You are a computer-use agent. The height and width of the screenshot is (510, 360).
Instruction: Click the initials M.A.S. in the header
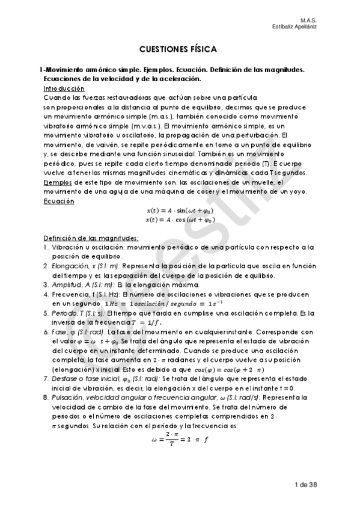pyautogui.click(x=309, y=19)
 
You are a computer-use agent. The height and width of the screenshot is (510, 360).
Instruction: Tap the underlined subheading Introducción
pyautogui.click(x=69, y=88)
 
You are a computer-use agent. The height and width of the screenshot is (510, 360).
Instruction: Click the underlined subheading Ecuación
pyautogui.click(x=59, y=201)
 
